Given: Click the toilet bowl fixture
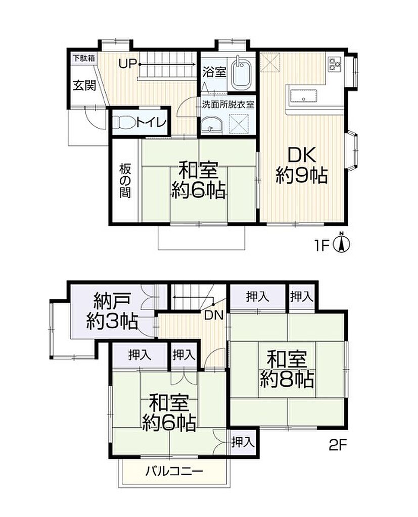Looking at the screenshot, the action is pos(124,122).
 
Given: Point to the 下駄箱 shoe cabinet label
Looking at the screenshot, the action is pos(84,59).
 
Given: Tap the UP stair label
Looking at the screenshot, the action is pos(128,64).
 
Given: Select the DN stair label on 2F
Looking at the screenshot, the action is pos(214,316).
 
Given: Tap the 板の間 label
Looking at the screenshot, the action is pos(125,181).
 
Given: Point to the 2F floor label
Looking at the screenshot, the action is pos(338,445).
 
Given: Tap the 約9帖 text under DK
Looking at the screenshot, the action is pos(301,175).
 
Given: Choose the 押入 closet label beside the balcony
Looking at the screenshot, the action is pos(243,442).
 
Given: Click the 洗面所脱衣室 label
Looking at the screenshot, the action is pos(228,105).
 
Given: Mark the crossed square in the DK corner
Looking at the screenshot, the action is pos(270,62).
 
